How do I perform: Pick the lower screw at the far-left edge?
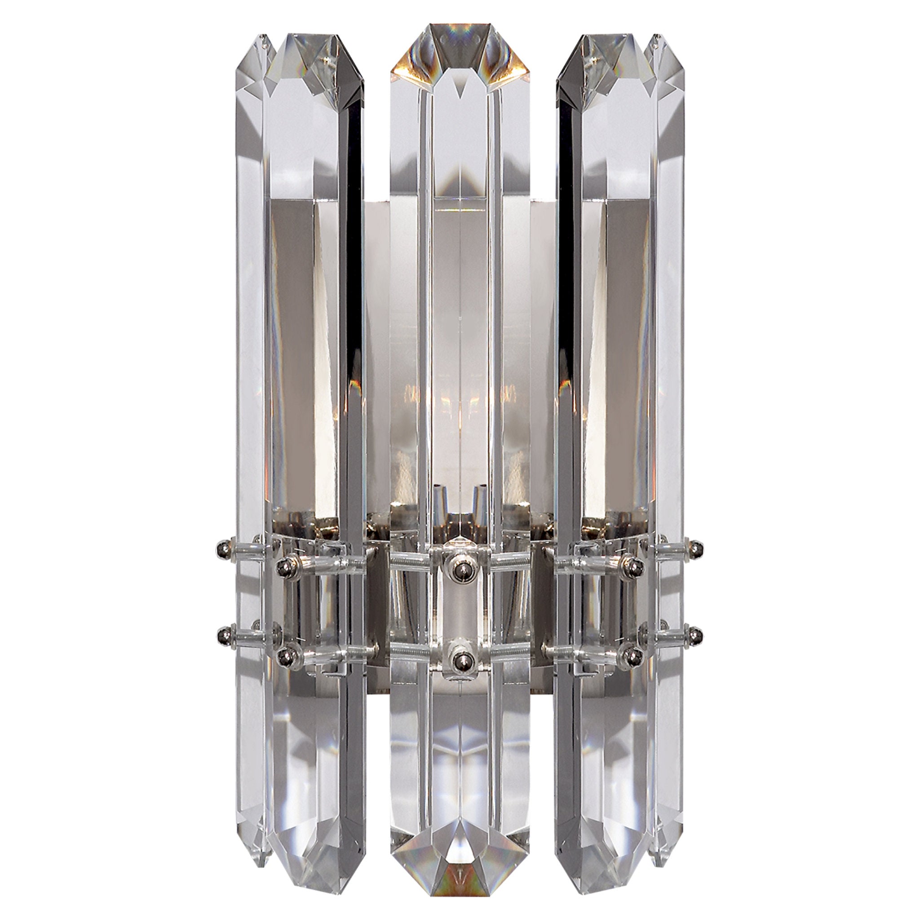click(x=222, y=634)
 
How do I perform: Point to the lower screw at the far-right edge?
click(x=698, y=634)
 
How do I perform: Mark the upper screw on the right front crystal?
click(x=634, y=565)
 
